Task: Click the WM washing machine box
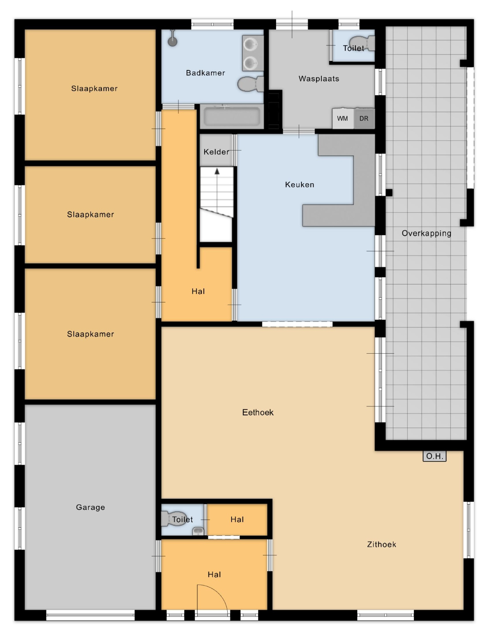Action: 342,118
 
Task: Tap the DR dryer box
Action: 364,118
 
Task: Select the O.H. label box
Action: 434,456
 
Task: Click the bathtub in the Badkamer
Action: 232,116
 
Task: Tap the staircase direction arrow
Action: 217,190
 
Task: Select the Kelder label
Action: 216,152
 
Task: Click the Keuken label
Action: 300,185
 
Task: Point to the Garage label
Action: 90,508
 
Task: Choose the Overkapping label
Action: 426,233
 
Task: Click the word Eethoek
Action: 258,413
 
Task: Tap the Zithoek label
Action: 382,544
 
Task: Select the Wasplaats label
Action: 319,79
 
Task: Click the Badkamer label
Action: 205,73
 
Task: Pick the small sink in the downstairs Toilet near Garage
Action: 198,531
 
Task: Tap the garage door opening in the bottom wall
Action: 90,616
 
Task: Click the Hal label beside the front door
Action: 214,574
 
